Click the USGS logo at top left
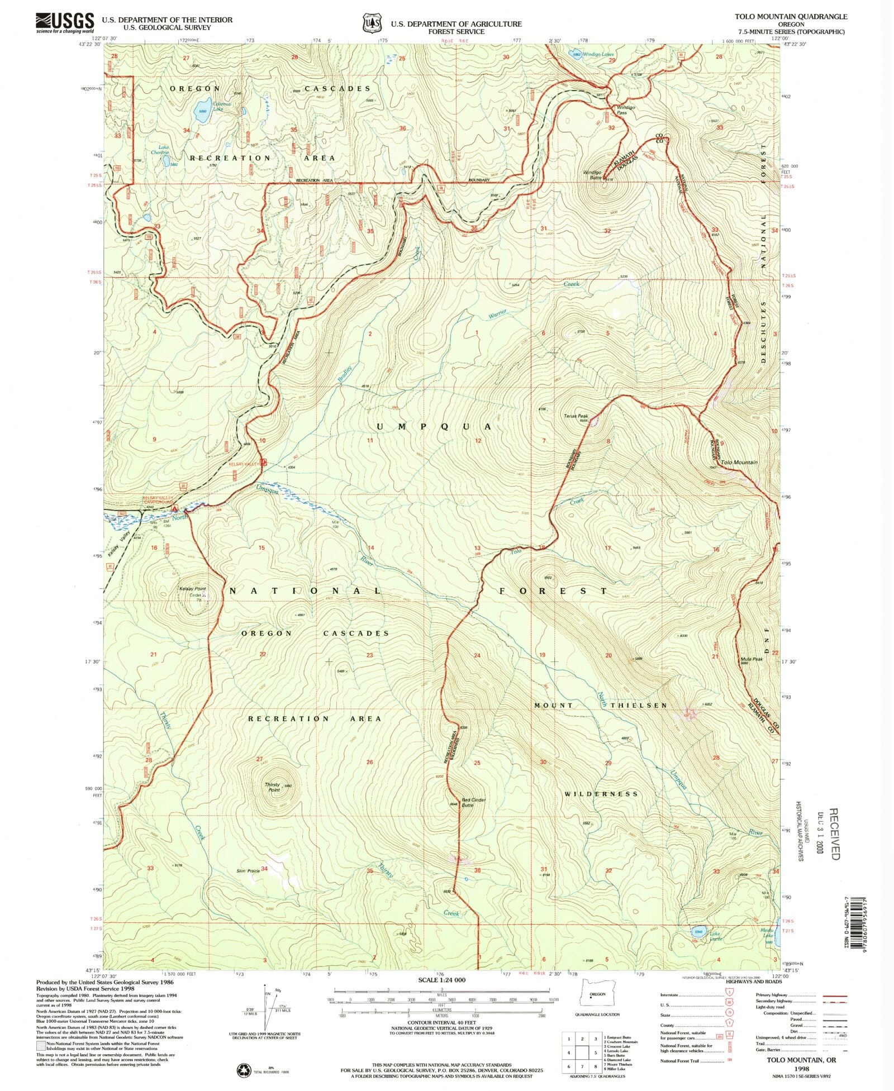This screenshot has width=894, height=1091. click(65, 22)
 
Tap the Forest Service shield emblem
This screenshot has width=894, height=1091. click(371, 23)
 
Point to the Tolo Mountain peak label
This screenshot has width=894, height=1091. click(739, 462)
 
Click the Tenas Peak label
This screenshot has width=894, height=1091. click(576, 416)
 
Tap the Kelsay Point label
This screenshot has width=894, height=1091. click(192, 589)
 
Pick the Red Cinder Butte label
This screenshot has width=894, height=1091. click(473, 802)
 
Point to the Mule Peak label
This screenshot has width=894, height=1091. click(752, 659)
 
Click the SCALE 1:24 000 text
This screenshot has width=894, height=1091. click(441, 980)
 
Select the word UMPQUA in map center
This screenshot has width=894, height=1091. click(434, 427)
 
